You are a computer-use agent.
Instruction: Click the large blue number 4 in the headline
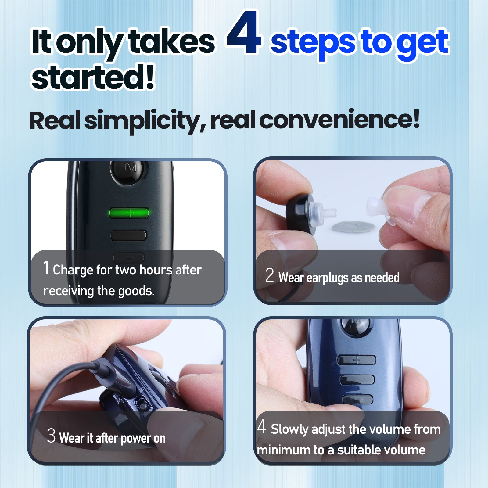tap(243, 33)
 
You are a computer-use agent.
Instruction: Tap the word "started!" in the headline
tap(93, 77)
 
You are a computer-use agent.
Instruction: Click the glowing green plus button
tap(129, 213)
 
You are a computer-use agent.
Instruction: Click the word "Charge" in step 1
tap(73, 270)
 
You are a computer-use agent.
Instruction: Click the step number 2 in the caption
tap(269, 275)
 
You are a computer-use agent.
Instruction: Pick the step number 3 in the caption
tap(51, 436)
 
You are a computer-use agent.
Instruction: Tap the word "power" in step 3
tap(136, 439)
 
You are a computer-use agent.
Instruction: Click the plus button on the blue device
tap(357, 360)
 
